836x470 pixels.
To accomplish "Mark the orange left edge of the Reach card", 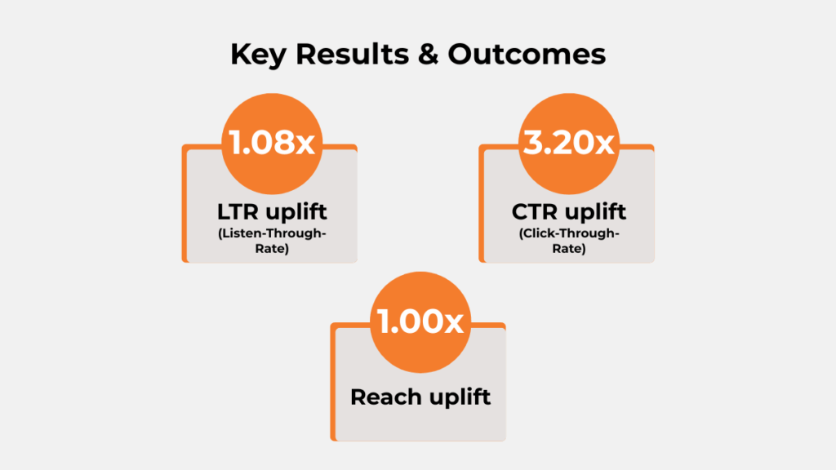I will tap(333, 384).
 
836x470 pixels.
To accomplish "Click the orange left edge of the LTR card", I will tap(185, 204).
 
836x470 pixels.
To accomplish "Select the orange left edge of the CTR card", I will tap(482, 204).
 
